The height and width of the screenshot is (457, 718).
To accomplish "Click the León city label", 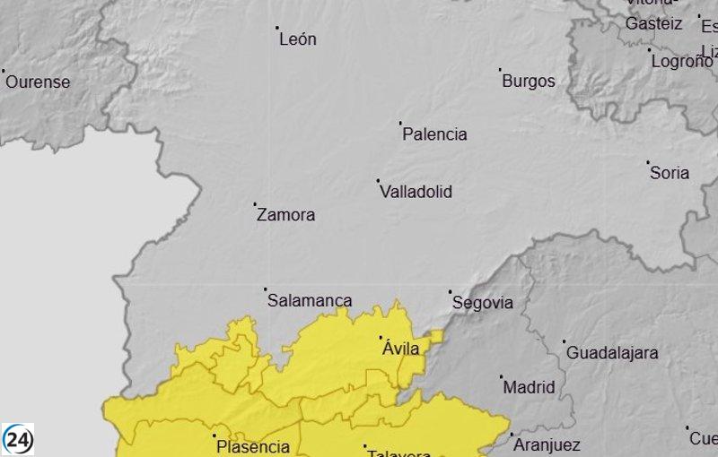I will [298, 39].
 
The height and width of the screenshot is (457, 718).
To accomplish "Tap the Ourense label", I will [38, 82].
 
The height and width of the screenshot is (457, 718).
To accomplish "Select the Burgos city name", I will [529, 81].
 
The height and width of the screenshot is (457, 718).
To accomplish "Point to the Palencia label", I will [434, 134].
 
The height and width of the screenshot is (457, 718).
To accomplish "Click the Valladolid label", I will [416, 192].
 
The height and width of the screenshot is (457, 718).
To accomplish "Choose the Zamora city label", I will [286, 215].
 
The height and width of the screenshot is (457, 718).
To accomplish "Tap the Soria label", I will [670, 173].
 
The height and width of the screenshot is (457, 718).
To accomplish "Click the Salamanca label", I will [310, 301].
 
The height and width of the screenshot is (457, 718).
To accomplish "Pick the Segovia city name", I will [483, 303].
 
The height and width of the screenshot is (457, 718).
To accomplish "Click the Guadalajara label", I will [612, 353].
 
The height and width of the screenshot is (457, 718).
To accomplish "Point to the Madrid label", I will [529, 388].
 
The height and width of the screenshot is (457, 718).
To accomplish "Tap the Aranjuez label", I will [547, 445].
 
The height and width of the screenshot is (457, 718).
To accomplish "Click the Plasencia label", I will [253, 447].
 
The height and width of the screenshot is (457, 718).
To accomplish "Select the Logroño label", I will [681, 62].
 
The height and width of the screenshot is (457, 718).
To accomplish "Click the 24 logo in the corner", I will [18, 439].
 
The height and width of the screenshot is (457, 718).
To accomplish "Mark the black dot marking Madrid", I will [502, 377].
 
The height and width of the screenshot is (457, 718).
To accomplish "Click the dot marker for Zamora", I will [255, 204].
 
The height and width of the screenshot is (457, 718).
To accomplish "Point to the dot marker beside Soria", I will [648, 163].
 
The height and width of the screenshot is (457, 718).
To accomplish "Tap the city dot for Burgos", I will [500, 69].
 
